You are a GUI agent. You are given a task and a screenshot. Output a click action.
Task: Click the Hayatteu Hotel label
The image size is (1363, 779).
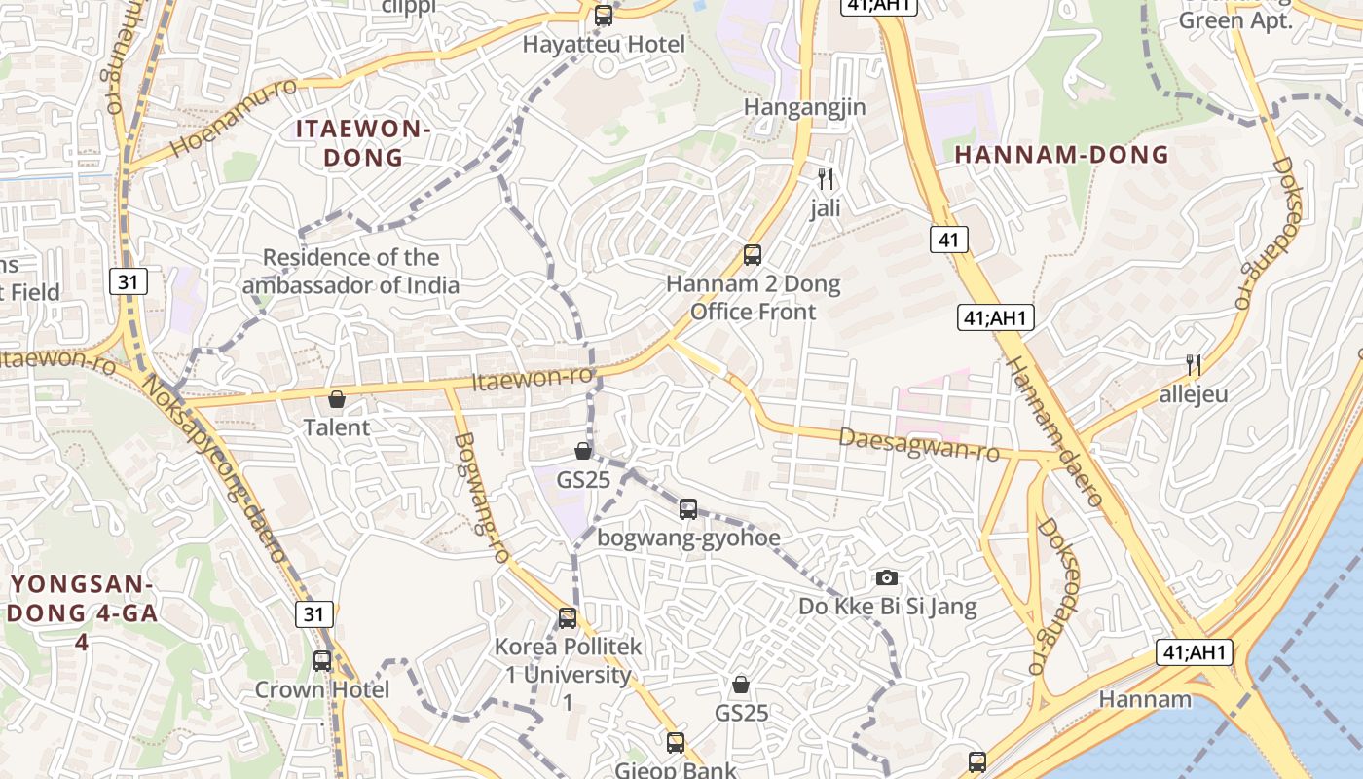(604, 45)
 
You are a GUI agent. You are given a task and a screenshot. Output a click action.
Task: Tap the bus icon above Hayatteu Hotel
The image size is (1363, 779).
(604, 16)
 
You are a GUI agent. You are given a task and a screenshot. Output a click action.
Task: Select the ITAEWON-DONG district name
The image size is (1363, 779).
(362, 143)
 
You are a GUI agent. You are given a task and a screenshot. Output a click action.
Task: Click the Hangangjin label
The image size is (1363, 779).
(804, 107)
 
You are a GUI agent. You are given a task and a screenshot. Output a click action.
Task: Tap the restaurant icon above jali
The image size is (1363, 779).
(826, 179)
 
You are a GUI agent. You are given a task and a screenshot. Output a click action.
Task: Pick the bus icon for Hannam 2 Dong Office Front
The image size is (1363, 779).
(753, 255)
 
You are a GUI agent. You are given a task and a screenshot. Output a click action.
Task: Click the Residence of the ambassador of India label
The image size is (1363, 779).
(350, 272)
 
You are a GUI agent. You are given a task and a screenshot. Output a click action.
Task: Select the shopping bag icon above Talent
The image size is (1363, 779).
(337, 399)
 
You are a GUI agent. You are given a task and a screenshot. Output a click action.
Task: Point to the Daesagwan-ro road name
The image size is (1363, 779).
(919, 445)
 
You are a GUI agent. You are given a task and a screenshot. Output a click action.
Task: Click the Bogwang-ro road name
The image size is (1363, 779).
(481, 498)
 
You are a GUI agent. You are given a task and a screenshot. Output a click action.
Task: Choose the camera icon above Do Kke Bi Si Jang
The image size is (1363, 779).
(886, 577)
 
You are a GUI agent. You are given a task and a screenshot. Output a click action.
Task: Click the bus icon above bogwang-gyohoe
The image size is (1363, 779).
(688, 508)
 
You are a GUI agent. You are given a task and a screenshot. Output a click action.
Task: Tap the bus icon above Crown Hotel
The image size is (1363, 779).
(322, 660)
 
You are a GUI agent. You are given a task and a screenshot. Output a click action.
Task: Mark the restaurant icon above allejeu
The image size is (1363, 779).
(1193, 365)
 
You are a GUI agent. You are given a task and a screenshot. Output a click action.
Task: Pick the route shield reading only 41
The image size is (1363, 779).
(948, 239)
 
